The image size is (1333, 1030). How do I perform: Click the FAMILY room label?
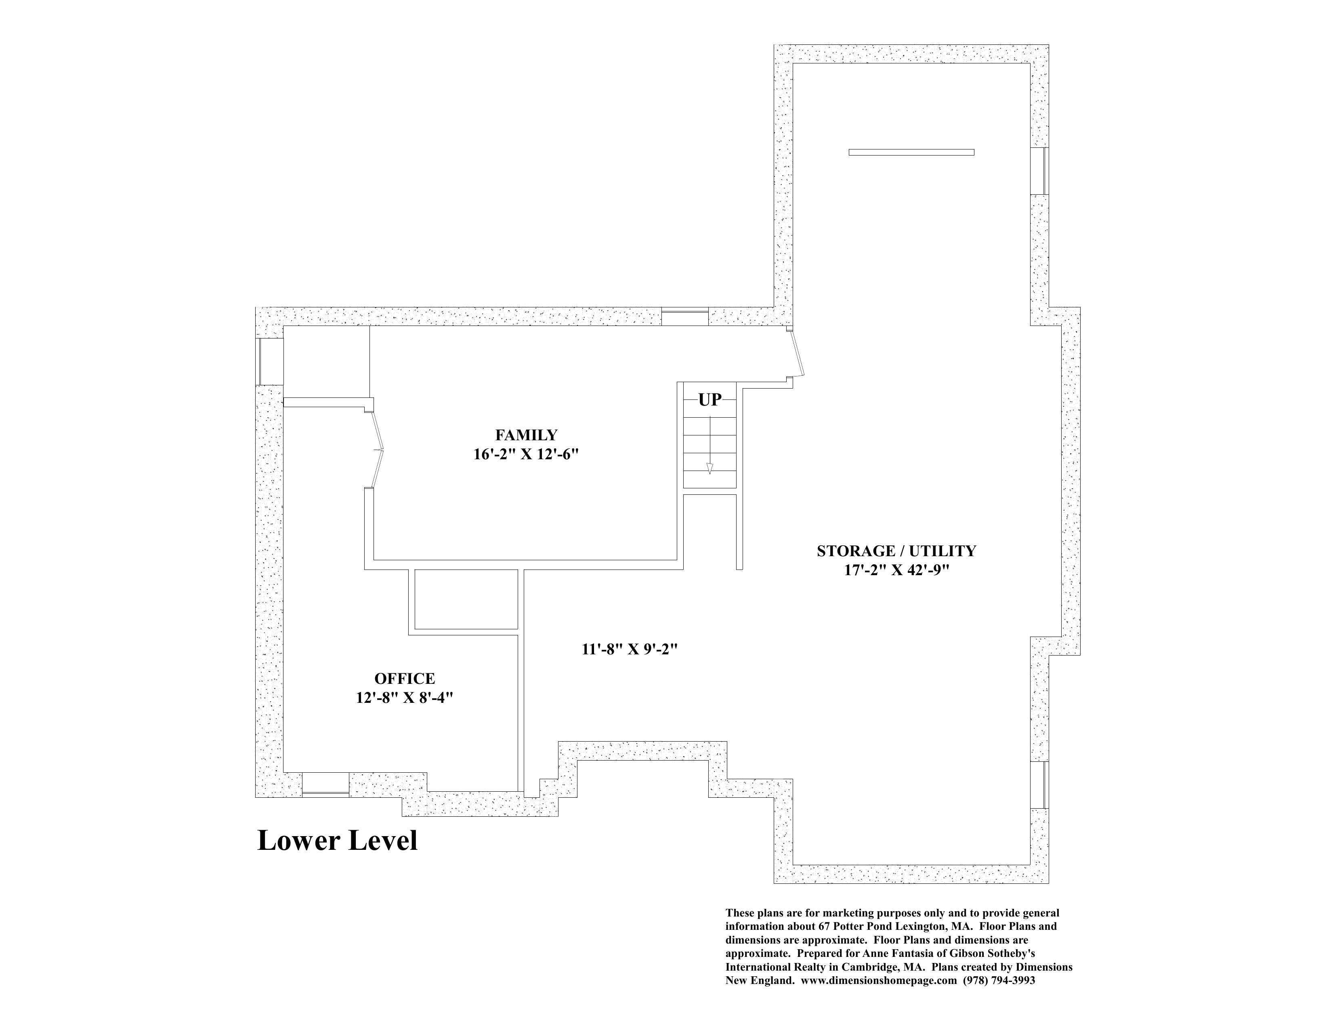[526, 435]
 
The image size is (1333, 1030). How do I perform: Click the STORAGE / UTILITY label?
[896, 551]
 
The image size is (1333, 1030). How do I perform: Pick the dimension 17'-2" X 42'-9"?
[896, 571]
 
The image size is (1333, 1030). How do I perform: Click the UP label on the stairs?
[710, 400]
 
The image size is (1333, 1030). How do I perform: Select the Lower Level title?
[338, 841]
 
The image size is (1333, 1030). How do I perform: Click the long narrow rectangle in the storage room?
[911, 152]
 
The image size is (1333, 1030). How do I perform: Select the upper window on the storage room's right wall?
[1039, 171]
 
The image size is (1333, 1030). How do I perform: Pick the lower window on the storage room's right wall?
[1039, 785]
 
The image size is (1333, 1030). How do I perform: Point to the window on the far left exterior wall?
[269, 362]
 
